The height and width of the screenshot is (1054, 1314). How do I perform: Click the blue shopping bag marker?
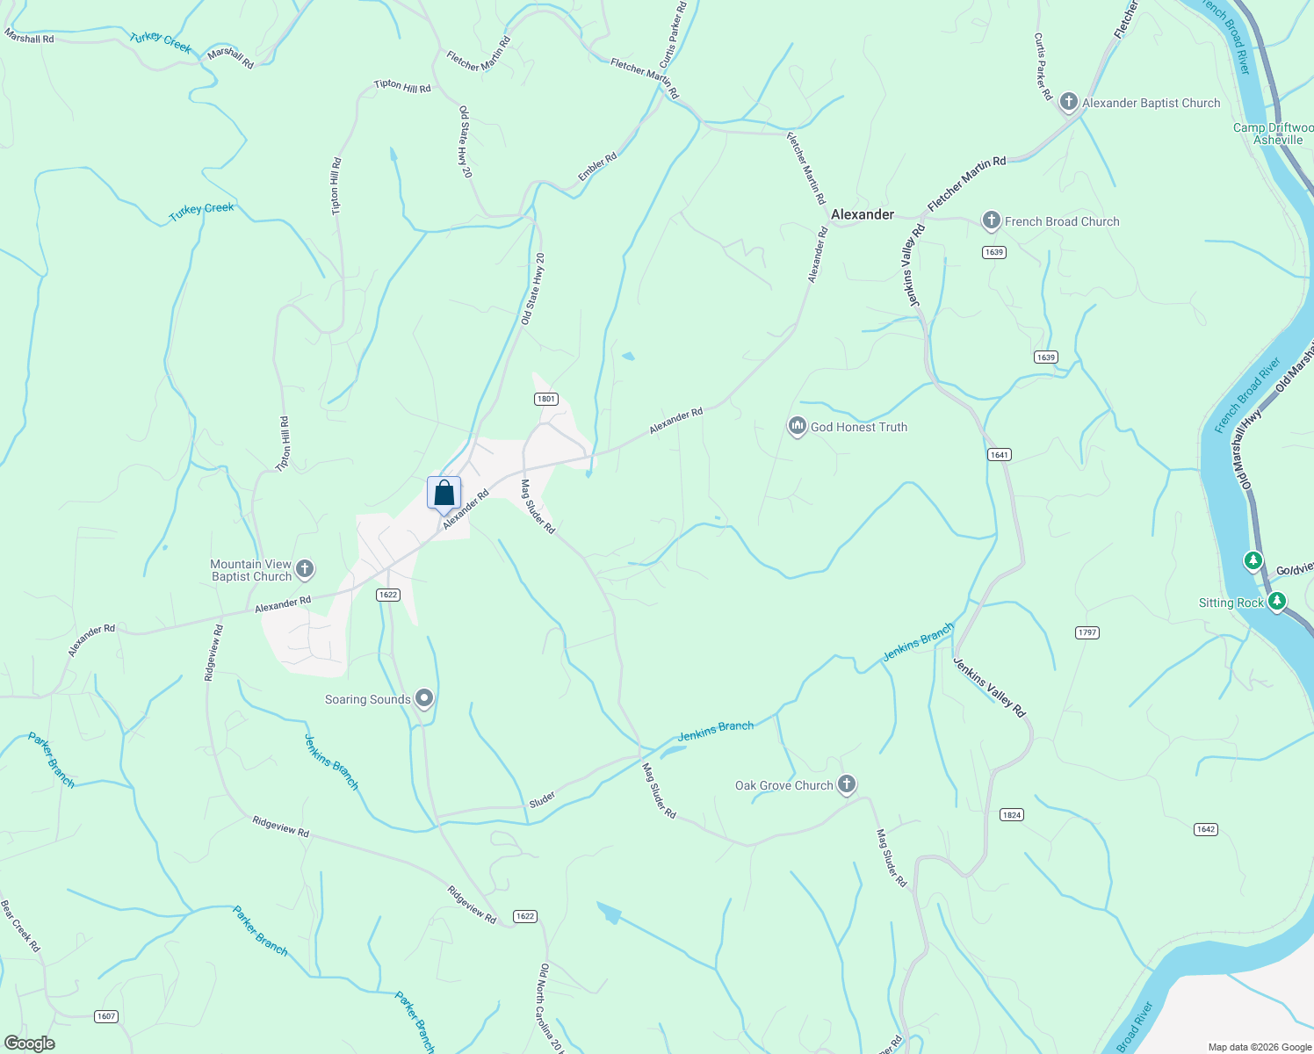click(444, 493)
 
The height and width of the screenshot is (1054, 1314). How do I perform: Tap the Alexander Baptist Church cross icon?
click(1068, 102)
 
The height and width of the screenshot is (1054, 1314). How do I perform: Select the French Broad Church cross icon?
click(991, 221)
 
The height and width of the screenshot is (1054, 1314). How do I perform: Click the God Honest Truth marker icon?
click(797, 427)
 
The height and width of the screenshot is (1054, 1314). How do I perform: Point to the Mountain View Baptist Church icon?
click(305, 569)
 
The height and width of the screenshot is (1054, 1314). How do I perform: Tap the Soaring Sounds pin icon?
click(424, 699)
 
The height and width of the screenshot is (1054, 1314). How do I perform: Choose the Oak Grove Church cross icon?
click(846, 784)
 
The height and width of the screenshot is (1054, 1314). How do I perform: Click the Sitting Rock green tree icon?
click(1277, 602)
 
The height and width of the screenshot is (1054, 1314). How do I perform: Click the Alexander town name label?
click(862, 214)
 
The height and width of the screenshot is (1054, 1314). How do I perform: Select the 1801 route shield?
click(545, 399)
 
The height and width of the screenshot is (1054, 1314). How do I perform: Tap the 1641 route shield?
click(999, 455)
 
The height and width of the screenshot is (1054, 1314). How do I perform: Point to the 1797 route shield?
click(1087, 632)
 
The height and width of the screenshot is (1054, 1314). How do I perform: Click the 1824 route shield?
click(1011, 815)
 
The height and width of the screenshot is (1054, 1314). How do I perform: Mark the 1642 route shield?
click(1205, 829)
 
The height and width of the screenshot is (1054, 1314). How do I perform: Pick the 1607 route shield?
click(105, 1016)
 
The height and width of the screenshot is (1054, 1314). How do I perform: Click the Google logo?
click(29, 1043)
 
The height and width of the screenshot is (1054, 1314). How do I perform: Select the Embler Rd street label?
click(597, 167)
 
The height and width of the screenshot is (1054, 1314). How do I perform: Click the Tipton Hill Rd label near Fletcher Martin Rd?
click(402, 86)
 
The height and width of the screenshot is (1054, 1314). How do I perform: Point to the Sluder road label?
click(542, 799)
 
